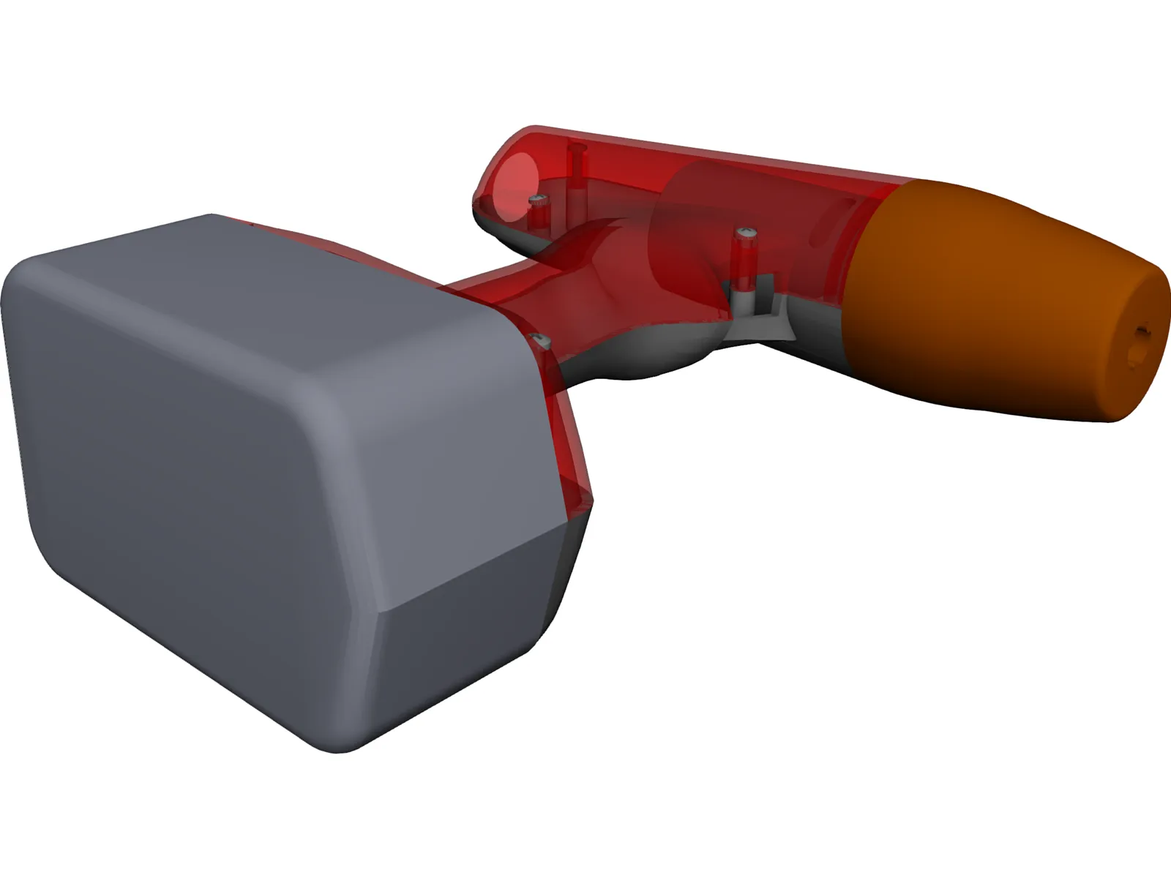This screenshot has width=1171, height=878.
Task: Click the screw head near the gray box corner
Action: [x=539, y=339]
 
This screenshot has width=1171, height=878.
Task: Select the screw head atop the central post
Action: [x=747, y=232]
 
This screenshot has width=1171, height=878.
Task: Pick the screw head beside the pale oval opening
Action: [x=538, y=200]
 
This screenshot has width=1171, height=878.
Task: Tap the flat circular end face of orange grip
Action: [x=1138, y=344]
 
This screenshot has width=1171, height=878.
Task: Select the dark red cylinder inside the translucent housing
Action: [x=688, y=205]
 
